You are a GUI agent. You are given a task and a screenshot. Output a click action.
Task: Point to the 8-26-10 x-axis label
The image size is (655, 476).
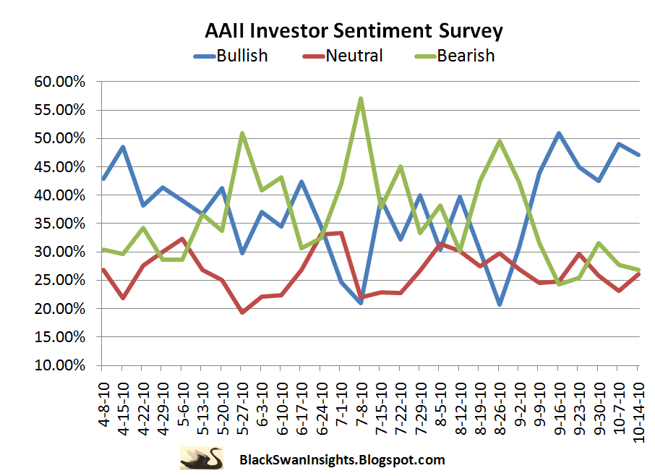499,402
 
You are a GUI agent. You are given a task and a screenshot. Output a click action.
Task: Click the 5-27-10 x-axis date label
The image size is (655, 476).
241,402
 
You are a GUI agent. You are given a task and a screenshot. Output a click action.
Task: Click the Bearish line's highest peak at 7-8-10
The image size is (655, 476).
360,99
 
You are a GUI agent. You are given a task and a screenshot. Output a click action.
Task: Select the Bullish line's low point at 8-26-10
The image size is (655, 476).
499,305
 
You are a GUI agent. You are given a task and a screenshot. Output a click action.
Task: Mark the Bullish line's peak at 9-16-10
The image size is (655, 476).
558,133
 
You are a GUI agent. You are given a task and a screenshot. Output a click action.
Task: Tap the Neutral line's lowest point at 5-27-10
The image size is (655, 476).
241,312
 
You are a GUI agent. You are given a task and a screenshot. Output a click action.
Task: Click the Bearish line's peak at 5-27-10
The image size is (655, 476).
241,133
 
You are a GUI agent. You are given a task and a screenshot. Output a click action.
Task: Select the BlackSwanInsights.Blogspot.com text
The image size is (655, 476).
341,459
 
